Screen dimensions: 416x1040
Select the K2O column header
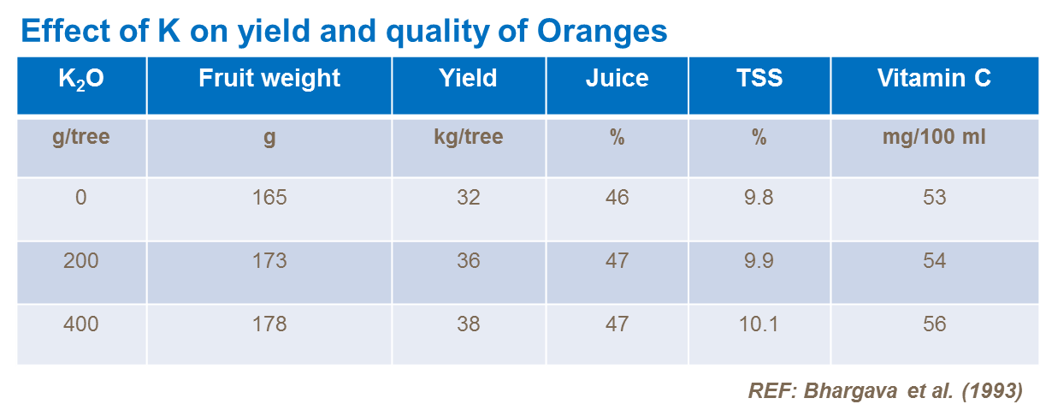point(81,80)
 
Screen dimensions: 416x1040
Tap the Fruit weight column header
point(269,79)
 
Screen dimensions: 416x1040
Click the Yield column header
point(468,79)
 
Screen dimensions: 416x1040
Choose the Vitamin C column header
point(934,79)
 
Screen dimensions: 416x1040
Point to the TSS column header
point(759,79)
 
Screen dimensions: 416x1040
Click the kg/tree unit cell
point(468,137)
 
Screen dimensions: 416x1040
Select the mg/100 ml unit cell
point(934,137)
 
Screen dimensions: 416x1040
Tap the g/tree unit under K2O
point(81,137)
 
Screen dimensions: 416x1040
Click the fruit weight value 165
point(269,198)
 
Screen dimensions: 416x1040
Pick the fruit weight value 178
point(269,324)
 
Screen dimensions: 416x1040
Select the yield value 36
point(468,261)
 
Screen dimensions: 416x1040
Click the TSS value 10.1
point(759,324)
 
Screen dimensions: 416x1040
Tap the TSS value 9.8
point(759,198)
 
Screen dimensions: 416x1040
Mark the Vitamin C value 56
point(934,324)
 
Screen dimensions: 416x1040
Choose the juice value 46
point(617,198)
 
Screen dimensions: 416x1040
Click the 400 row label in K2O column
point(81,324)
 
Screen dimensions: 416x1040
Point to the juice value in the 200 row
point(617,261)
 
